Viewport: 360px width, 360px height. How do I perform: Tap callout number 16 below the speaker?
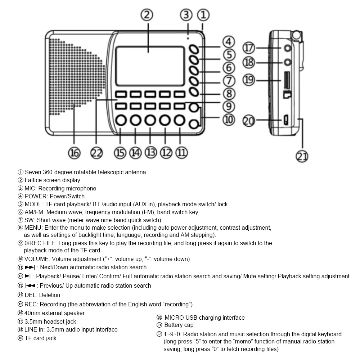75,153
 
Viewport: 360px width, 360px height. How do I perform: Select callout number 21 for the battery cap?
302,156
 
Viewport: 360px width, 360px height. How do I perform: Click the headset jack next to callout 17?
287,48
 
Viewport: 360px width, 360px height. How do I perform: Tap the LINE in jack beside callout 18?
287,62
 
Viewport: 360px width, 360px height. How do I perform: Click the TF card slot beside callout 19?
286,80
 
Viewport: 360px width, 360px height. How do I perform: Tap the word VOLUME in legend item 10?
36,259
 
